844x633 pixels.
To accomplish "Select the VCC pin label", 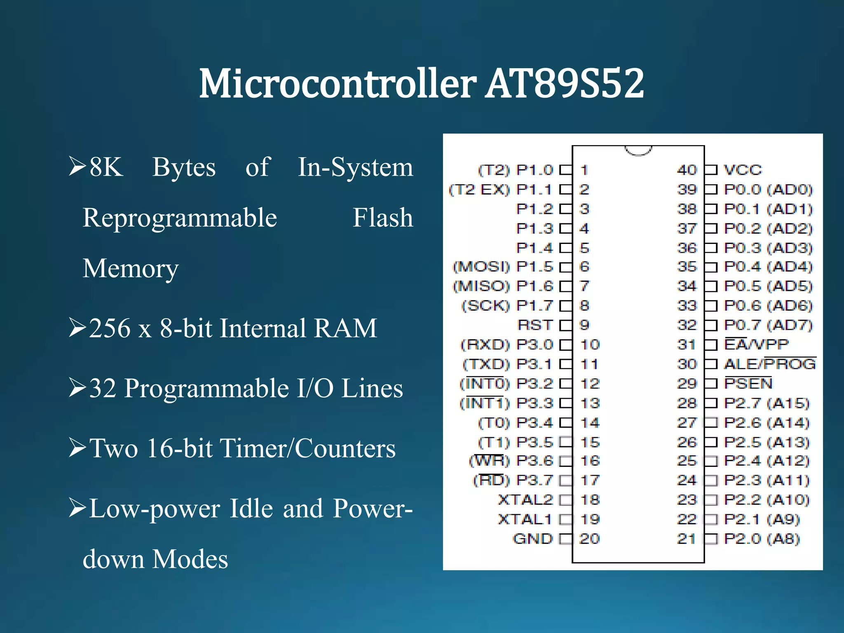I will click(x=743, y=170).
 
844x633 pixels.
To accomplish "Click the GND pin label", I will click(x=532, y=539).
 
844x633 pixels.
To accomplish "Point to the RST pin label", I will click(x=535, y=325).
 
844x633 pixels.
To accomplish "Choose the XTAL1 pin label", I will click(x=525, y=519).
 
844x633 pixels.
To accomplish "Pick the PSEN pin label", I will click(x=748, y=384).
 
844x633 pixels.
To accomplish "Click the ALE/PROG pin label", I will click(x=770, y=364).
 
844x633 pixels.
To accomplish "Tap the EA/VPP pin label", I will click(x=756, y=345).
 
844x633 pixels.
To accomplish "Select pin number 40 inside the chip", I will click(x=687, y=170).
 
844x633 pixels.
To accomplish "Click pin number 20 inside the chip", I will click(x=589, y=539).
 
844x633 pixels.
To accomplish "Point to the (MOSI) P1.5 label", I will click(x=503, y=267).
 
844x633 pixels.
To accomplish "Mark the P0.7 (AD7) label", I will click(x=768, y=325).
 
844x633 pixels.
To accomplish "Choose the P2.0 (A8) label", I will click(x=762, y=539).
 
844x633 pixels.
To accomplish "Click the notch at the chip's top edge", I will click(x=638, y=150).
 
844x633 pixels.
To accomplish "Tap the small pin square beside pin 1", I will click(x=566, y=170).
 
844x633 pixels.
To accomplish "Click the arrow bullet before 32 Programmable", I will click(x=77, y=388).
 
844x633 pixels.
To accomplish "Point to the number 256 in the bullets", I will click(x=110, y=328).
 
